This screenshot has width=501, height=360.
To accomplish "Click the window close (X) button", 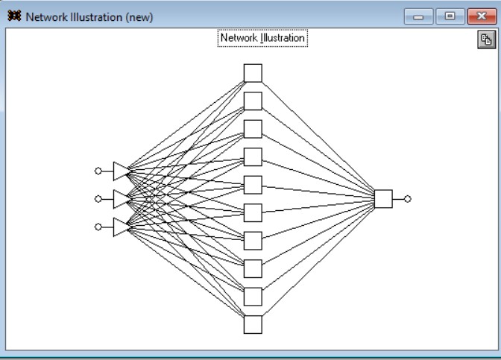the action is tap(482, 16).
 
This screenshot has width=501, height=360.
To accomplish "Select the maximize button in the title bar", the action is tap(450, 16).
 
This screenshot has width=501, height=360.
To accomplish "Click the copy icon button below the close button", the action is tap(486, 40).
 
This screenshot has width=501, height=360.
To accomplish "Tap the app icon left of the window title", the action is tap(14, 16).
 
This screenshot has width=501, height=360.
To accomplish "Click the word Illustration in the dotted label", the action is tap(283, 38).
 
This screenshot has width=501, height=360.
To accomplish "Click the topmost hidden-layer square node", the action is tap(253, 73).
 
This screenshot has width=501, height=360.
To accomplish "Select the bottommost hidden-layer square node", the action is tap(253, 324).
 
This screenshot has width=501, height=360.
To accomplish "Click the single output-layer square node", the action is tap(383, 199).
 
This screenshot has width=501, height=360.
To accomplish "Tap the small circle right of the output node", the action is tap(407, 199).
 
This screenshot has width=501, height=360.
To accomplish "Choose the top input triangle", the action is tap(121, 171).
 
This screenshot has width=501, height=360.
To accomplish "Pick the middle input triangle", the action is tap(121, 199).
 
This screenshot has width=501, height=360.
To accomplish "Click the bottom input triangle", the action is tap(121, 227).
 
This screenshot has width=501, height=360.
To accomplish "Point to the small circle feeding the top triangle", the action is tap(98, 171).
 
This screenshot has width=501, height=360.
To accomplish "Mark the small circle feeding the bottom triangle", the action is tap(98, 227).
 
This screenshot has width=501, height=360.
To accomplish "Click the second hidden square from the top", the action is tap(253, 101).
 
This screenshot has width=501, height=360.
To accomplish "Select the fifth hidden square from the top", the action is tap(253, 185).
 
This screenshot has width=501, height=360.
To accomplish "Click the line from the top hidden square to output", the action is tap(318, 138).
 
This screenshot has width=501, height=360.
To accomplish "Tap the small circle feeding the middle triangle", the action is tap(98, 199).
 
